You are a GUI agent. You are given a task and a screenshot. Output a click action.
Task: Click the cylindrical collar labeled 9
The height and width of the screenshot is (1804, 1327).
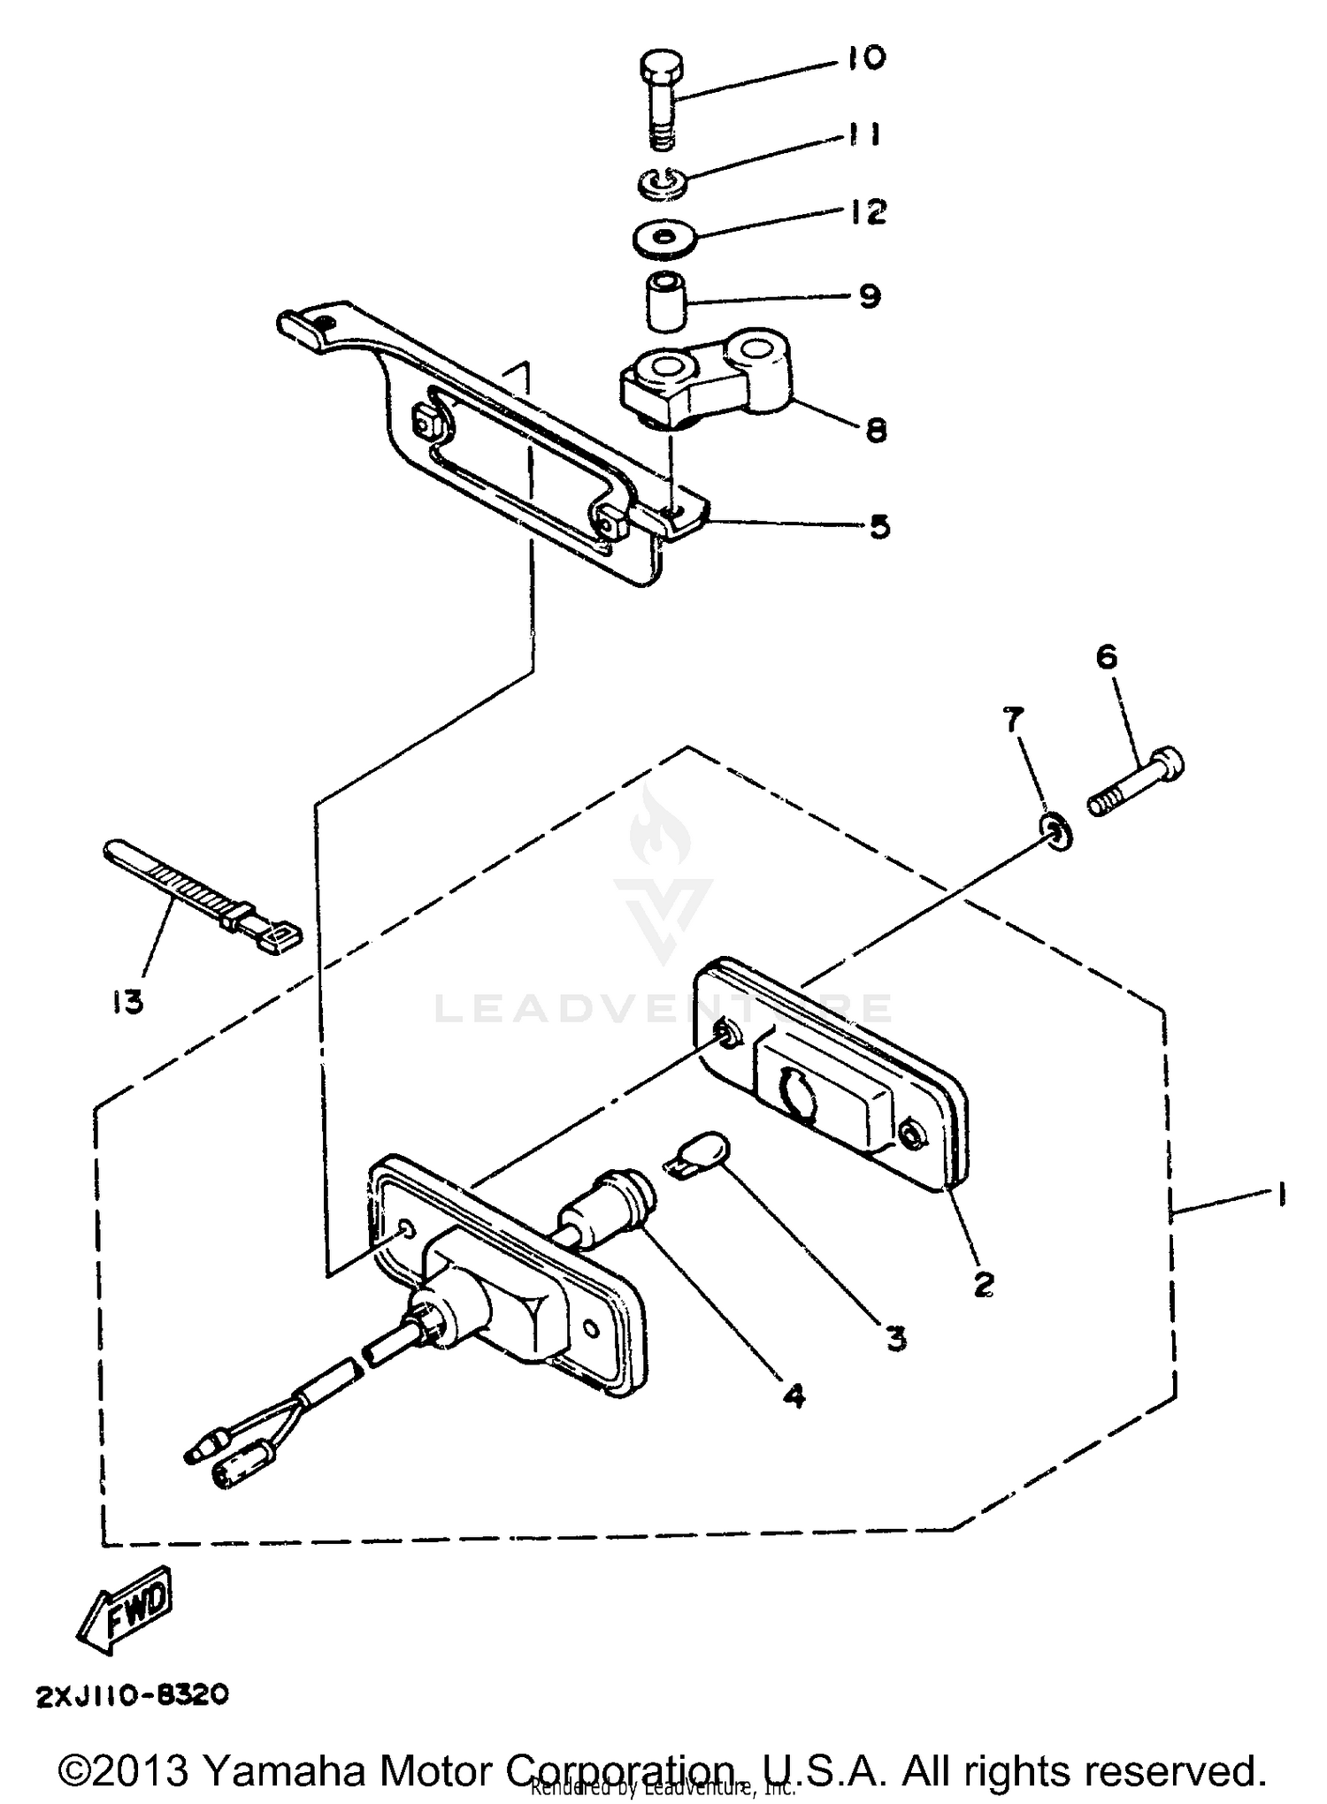[x=667, y=302]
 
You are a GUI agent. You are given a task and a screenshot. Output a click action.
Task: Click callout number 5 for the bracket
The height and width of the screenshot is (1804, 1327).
[x=878, y=527]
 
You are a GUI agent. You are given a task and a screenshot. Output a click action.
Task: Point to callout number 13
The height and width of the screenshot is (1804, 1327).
[x=128, y=1002]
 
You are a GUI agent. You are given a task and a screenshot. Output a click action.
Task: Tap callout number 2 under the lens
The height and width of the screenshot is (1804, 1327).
[x=983, y=1282]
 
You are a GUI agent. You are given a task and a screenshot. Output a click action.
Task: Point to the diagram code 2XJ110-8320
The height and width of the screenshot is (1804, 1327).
[x=133, y=1694]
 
